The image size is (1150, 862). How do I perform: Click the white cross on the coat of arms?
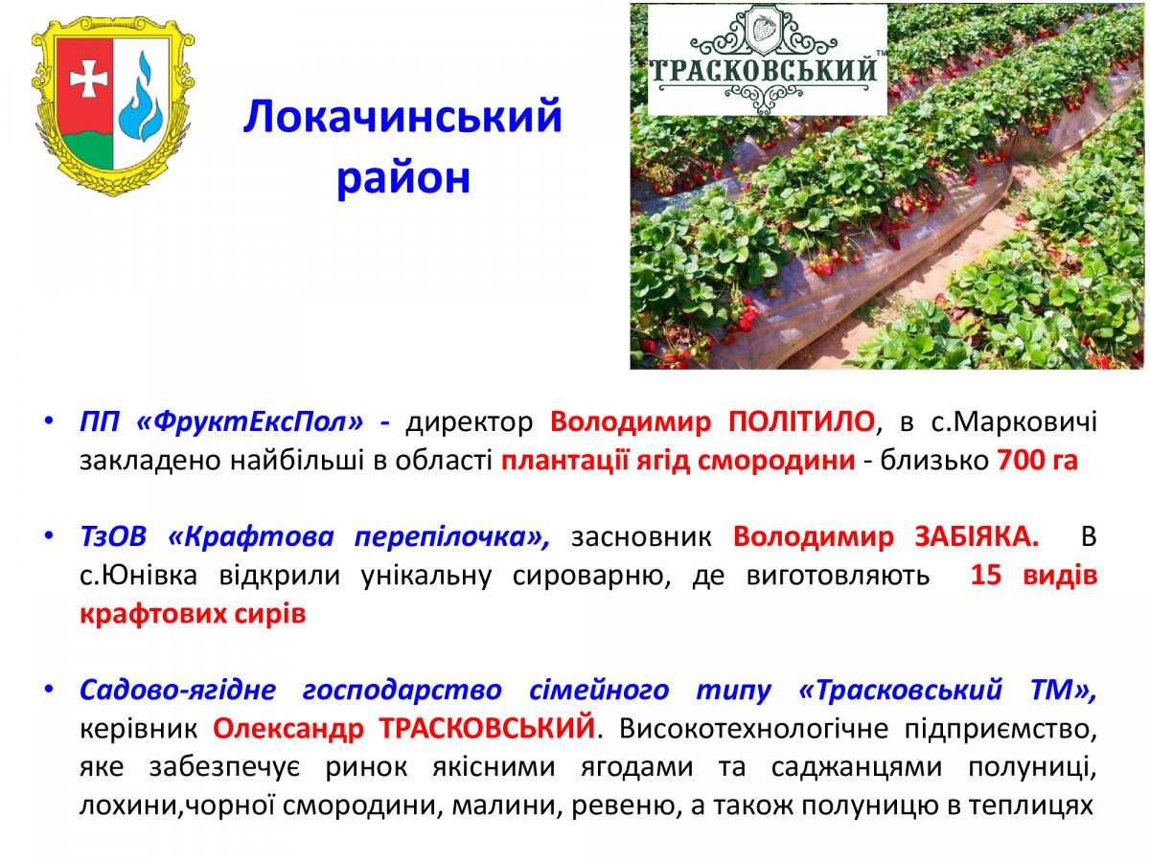tap(88, 79)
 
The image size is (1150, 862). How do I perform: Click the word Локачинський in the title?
tap(402, 116)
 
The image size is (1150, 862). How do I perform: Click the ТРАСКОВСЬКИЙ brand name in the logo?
tap(763, 71)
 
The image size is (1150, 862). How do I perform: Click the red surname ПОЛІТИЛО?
tap(801, 420)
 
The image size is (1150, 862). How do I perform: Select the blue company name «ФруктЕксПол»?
tap(249, 421)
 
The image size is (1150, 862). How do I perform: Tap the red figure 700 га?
tap(1037, 460)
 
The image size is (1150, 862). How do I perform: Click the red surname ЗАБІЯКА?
tap(977, 537)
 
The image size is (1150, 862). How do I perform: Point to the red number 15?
tap(985, 576)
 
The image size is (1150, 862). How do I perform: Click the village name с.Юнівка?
tap(138, 576)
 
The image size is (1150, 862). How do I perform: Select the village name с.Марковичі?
tap(1014, 421)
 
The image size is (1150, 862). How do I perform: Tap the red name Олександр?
tap(288, 729)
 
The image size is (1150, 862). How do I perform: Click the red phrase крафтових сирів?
tap(193, 614)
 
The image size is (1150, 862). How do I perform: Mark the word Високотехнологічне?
tap(754, 729)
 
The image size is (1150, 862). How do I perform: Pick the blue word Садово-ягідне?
tap(177, 691)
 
